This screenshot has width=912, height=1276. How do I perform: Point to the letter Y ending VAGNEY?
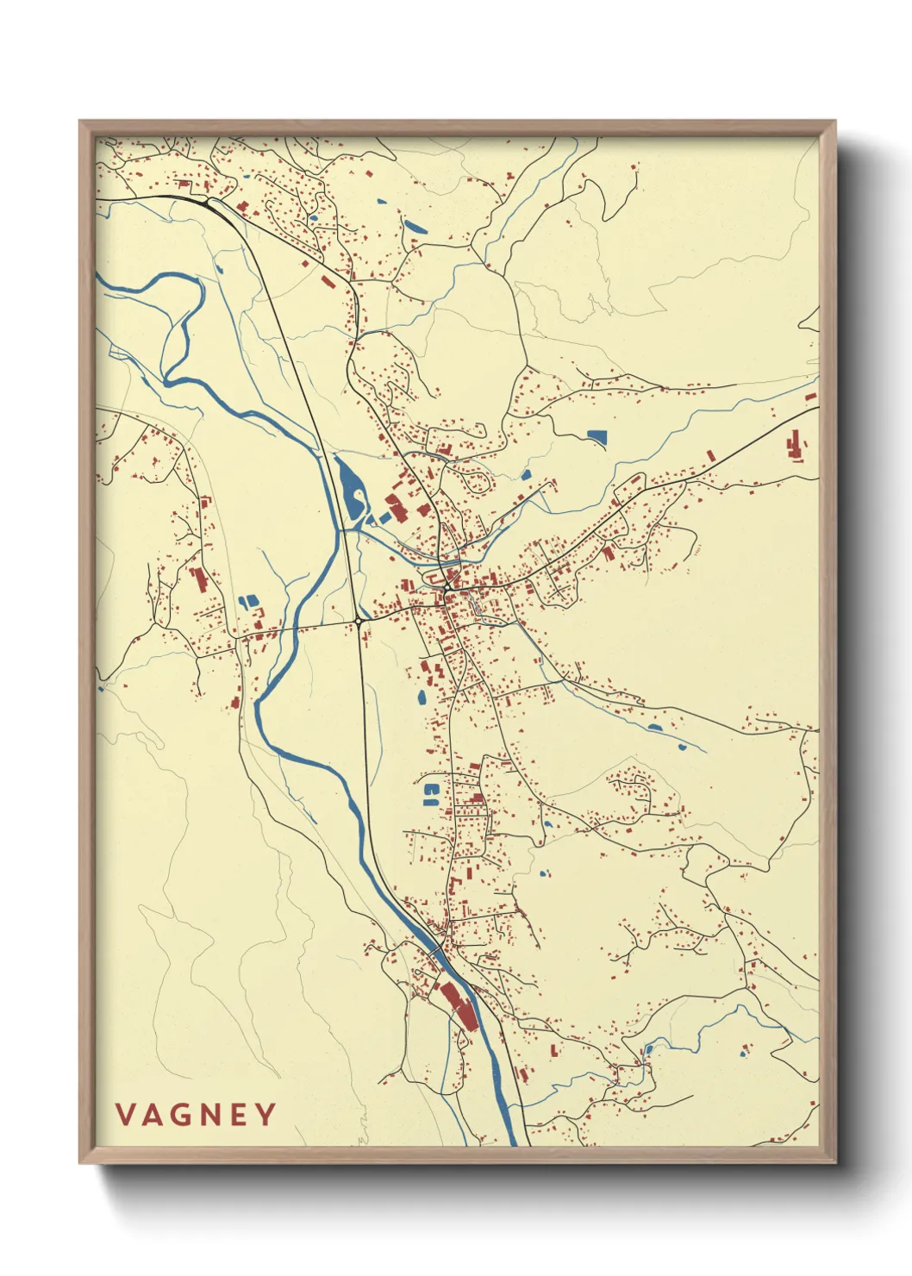pyautogui.click(x=265, y=1115)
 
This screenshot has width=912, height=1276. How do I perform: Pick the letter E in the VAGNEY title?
pyautogui.click(x=240, y=1115)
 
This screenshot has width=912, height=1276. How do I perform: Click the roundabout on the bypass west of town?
pyautogui.click(x=358, y=620)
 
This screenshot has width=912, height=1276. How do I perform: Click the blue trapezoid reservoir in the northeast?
pyautogui.click(x=596, y=437)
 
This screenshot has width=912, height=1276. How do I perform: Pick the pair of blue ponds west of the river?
pyautogui.click(x=247, y=601)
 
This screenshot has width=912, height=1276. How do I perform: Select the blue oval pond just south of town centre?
pyautogui.click(x=422, y=696)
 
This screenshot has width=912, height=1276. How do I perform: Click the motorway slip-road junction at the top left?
pyautogui.click(x=209, y=203)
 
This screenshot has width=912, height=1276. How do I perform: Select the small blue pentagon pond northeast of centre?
pyautogui.click(x=526, y=474)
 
